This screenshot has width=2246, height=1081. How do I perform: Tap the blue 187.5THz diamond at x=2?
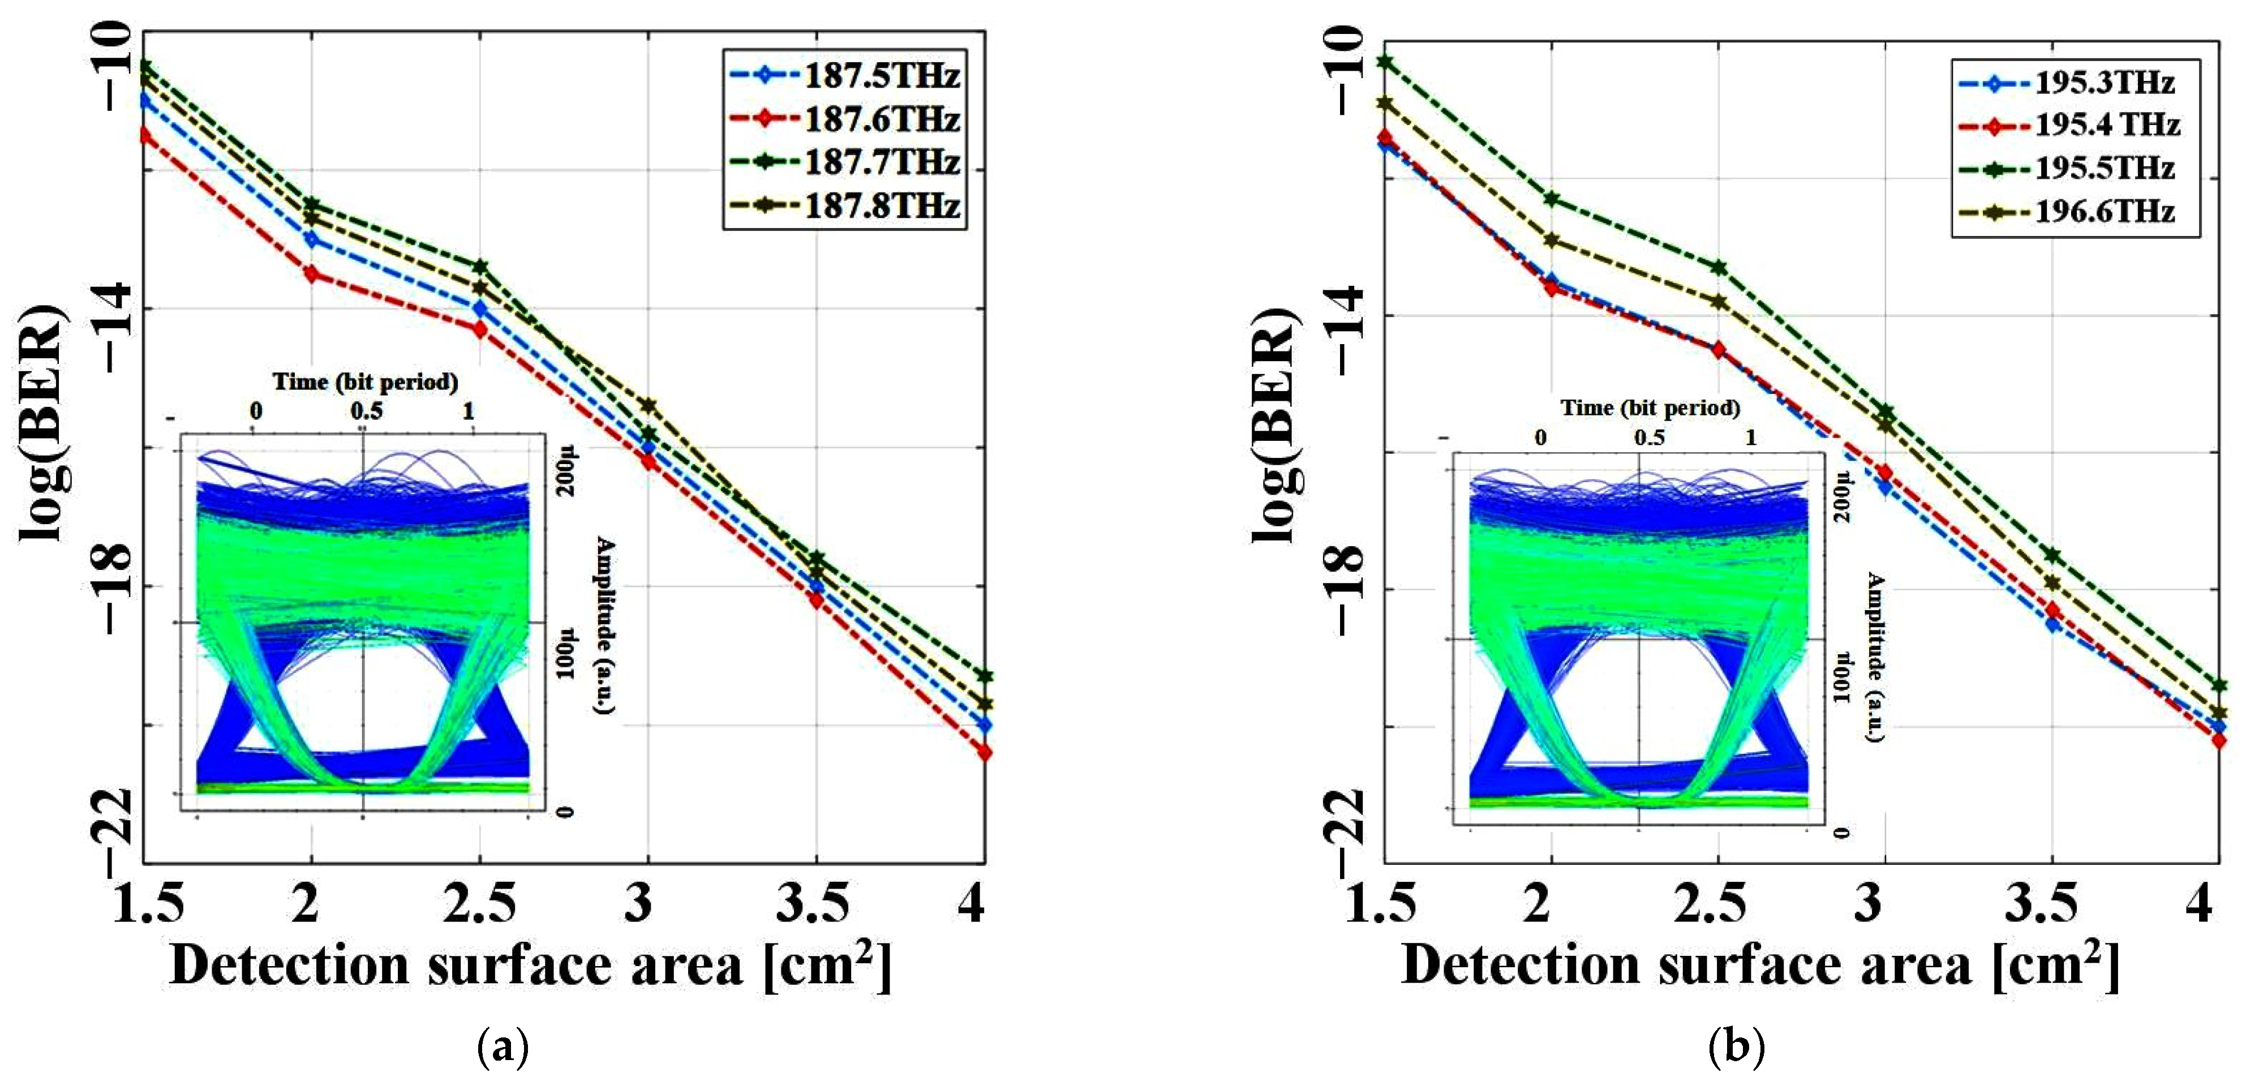coord(311,239)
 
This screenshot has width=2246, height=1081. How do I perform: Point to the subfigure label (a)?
coord(503,1045)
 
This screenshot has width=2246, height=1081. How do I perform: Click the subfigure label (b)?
coord(1736,1045)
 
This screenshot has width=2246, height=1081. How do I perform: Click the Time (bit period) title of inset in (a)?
coord(366,382)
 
